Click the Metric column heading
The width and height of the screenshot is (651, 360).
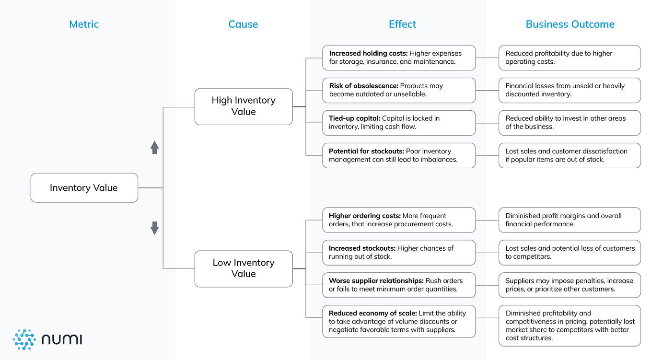[x=84, y=24]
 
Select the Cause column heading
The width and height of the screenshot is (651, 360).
[x=243, y=24]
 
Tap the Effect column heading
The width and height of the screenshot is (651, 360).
[x=402, y=24]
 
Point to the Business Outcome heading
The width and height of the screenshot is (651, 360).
[x=570, y=24]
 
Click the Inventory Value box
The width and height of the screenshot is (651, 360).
[x=84, y=188]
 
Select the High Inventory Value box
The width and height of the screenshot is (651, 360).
[x=244, y=106]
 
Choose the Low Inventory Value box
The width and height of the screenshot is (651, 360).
[x=244, y=268]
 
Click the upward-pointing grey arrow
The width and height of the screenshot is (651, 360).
[x=154, y=147]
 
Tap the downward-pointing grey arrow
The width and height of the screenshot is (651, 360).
[x=154, y=228]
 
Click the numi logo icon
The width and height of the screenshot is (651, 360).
[x=24, y=339]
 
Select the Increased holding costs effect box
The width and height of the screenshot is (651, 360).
[x=399, y=58]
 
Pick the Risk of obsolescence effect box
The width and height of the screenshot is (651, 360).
[x=399, y=90]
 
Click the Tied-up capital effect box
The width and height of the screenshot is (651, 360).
[x=399, y=123]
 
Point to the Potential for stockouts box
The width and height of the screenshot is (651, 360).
[x=399, y=155]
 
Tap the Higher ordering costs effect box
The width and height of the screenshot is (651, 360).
[x=399, y=220]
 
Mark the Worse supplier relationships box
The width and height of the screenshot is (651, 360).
[x=399, y=285]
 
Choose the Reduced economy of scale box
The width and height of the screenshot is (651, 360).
[x=399, y=321]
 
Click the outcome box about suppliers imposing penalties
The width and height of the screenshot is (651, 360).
[x=570, y=285]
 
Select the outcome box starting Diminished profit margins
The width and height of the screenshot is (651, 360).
[x=570, y=220]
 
